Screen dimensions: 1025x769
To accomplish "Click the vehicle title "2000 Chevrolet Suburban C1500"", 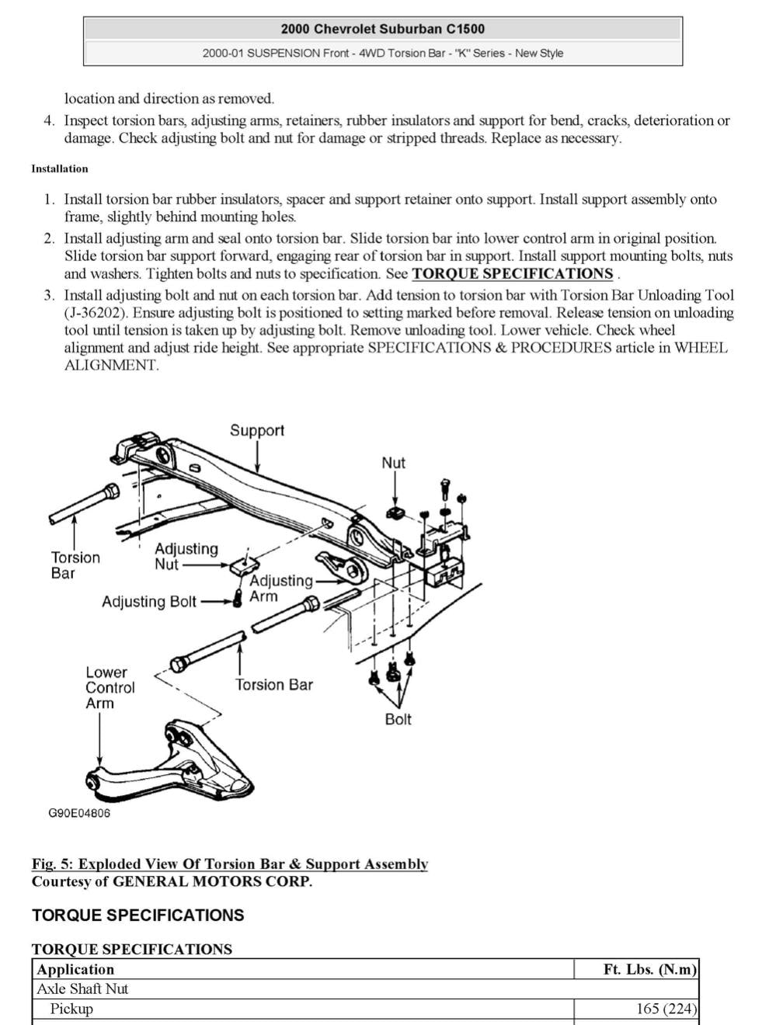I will click(x=382, y=30).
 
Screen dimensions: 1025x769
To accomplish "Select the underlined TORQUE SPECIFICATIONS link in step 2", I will click(x=512, y=273).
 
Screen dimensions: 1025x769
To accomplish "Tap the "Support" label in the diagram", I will click(x=256, y=430).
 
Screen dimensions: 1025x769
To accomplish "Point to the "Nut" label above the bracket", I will click(x=393, y=463).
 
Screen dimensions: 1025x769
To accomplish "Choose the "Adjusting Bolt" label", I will click(x=149, y=602).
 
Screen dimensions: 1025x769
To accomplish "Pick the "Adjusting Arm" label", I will click(x=280, y=588).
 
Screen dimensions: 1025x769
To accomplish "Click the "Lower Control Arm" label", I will click(x=110, y=687).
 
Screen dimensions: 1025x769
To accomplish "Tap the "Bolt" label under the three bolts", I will click(x=398, y=719).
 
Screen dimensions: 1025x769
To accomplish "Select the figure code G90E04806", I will click(x=79, y=813).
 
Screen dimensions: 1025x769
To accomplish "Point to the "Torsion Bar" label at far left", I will click(x=75, y=565).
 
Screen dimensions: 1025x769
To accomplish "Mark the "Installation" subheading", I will click(x=60, y=169).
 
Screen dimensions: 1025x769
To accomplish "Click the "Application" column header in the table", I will click(x=75, y=969).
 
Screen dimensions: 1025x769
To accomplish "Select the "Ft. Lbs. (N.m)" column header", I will click(x=649, y=969).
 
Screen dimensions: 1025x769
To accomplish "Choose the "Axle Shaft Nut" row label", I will click(x=82, y=989).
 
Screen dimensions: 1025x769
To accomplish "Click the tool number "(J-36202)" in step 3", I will click(x=98, y=313).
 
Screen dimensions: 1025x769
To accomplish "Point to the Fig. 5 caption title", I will click(x=230, y=863).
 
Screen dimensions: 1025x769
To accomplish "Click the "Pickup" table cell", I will click(x=71, y=1009).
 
